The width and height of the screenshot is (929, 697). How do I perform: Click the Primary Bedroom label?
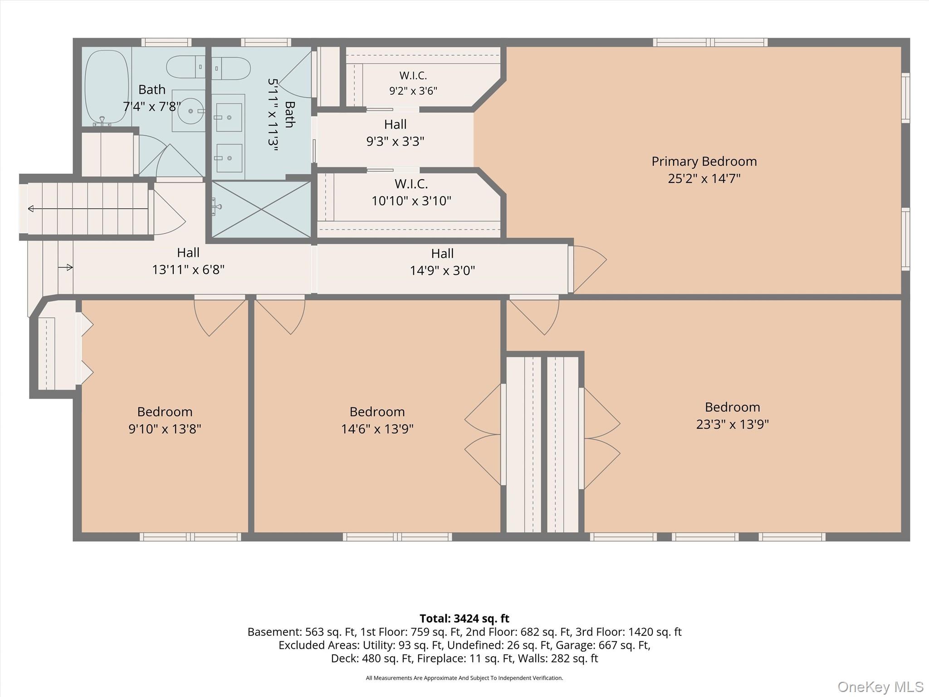coord(704,162)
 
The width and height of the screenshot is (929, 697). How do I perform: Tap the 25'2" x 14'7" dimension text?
coord(704,178)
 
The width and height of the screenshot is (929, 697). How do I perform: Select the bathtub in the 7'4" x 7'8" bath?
coord(107,87)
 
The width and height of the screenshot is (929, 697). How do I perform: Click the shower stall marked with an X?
coord(261,209)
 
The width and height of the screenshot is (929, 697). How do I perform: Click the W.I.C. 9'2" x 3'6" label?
coord(413,83)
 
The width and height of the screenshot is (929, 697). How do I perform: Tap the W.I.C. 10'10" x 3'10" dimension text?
coord(411,201)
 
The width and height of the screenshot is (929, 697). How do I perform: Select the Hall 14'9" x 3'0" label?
coord(442,262)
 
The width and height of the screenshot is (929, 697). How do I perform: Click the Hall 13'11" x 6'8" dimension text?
coord(188,270)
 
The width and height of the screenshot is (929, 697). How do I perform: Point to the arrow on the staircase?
coord(88,209)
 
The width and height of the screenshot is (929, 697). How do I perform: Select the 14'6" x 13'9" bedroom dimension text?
coord(377,429)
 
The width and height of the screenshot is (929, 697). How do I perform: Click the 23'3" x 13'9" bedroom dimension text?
coord(733,424)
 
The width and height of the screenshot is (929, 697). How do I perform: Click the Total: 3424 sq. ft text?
coord(464,618)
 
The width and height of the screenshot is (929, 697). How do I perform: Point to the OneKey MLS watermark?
coord(880,687)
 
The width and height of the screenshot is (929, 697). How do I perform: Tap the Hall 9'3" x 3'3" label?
coord(395,133)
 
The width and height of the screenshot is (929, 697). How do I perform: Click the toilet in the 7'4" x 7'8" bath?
coord(186,67)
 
